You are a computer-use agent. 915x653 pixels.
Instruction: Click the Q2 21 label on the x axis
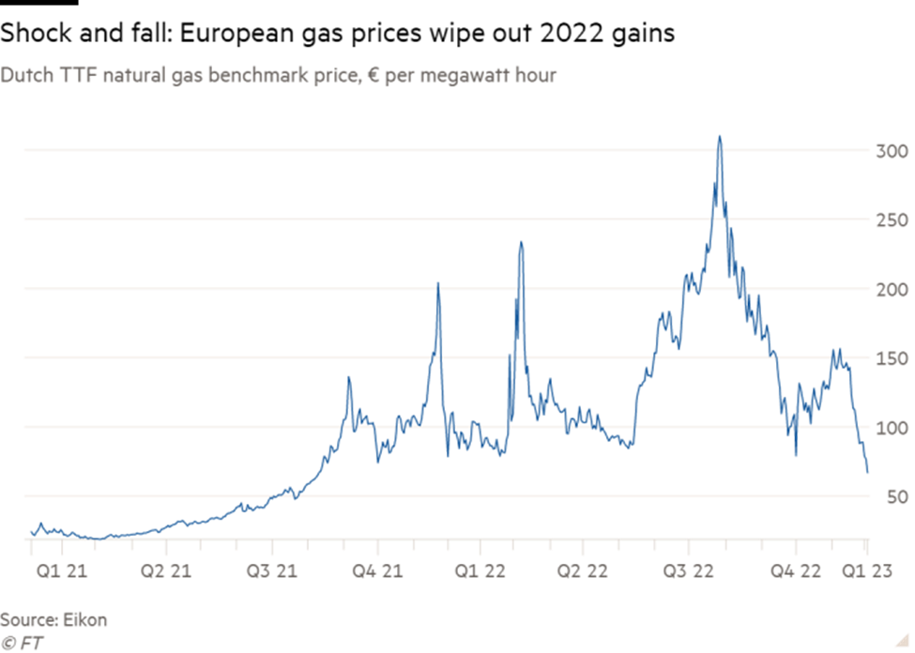166,569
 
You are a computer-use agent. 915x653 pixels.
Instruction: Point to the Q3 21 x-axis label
272,569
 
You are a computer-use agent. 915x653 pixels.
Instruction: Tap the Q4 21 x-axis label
377,569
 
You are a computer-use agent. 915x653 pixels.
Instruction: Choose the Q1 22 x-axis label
480,569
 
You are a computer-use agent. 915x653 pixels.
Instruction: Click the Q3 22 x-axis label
690,569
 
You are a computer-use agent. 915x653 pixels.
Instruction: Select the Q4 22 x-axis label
795,569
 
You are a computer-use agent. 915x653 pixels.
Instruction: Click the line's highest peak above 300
720,137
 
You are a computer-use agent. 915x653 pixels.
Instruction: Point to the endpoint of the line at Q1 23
868,473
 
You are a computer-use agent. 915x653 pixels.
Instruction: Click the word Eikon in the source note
85,620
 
